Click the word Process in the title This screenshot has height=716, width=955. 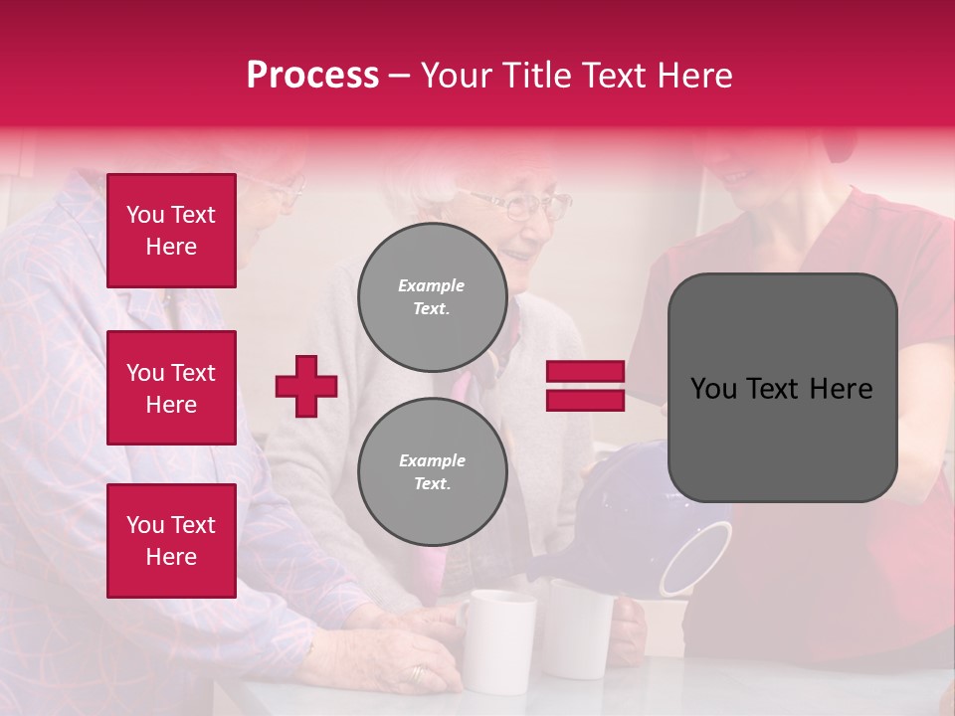pyautogui.click(x=312, y=75)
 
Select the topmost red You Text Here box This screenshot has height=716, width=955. pyautogui.click(x=171, y=231)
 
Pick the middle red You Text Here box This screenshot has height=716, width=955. pyautogui.click(x=171, y=388)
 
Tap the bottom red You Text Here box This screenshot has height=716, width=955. pyautogui.click(x=171, y=540)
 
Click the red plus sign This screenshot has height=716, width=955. pyautogui.click(x=306, y=386)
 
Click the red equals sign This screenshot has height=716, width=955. pyautogui.click(x=585, y=386)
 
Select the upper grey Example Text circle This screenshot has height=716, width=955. pyautogui.click(x=433, y=297)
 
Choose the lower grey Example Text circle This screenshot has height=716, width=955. pyautogui.click(x=433, y=472)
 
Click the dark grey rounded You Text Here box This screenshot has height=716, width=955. pyautogui.click(x=782, y=388)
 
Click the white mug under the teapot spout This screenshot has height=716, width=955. pyautogui.click(x=579, y=626)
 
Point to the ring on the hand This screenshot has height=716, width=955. pyautogui.click(x=417, y=673)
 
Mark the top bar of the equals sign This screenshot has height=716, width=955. pyautogui.click(x=585, y=372)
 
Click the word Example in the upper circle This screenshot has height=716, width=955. pyautogui.click(x=431, y=285)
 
